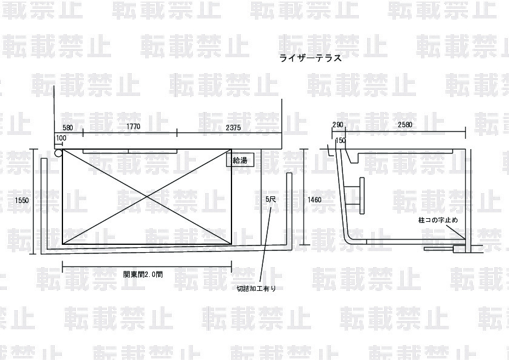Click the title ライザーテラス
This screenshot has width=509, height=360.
pos(311,59)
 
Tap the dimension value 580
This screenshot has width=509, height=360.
pos(67,127)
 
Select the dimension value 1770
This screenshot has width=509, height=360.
pos(133,127)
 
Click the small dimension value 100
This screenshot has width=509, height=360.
pos(61,139)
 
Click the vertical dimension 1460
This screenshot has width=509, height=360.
pos(314,199)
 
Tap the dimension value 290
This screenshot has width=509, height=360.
pos(338,125)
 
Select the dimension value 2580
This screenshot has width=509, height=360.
pos(405,125)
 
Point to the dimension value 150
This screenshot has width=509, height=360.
pos(341,141)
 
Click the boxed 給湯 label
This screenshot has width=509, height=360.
pos(241,160)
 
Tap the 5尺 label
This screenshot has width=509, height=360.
pos(270,199)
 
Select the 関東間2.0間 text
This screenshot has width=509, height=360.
pos(143,274)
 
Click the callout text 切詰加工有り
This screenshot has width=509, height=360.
pos(256,288)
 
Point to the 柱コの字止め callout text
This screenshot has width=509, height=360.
pos(437,219)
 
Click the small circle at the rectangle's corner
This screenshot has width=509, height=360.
pos(58,154)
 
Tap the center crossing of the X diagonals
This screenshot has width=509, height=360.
pos(147,196)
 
